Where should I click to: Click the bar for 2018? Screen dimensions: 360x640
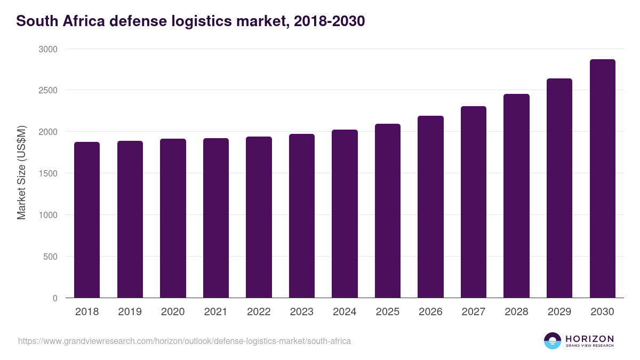(x=87, y=220)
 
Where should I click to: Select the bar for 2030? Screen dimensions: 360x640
(x=602, y=179)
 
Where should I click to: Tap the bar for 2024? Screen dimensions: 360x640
(x=345, y=213)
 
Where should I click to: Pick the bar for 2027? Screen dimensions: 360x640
(x=474, y=202)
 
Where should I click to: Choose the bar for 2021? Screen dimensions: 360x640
(x=216, y=218)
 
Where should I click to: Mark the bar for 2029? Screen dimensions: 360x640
(x=559, y=188)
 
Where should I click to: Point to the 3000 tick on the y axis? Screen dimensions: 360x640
(x=47, y=49)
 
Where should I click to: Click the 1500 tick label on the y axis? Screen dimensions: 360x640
(x=47, y=173)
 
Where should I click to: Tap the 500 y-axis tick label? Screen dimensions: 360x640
(x=50, y=257)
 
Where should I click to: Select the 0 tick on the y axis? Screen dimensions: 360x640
(x=55, y=298)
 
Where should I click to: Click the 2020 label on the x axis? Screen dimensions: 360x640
(x=173, y=312)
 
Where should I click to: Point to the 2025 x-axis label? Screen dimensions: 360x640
(x=388, y=312)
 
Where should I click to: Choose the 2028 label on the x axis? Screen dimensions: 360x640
(x=516, y=312)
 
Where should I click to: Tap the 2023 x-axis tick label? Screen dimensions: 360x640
(x=302, y=312)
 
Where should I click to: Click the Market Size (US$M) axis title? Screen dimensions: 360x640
(x=21, y=173)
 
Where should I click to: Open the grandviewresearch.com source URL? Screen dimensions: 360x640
(x=185, y=341)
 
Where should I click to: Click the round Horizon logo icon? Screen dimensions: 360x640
(x=553, y=341)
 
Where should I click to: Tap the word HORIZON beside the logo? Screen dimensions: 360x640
(x=589, y=339)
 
